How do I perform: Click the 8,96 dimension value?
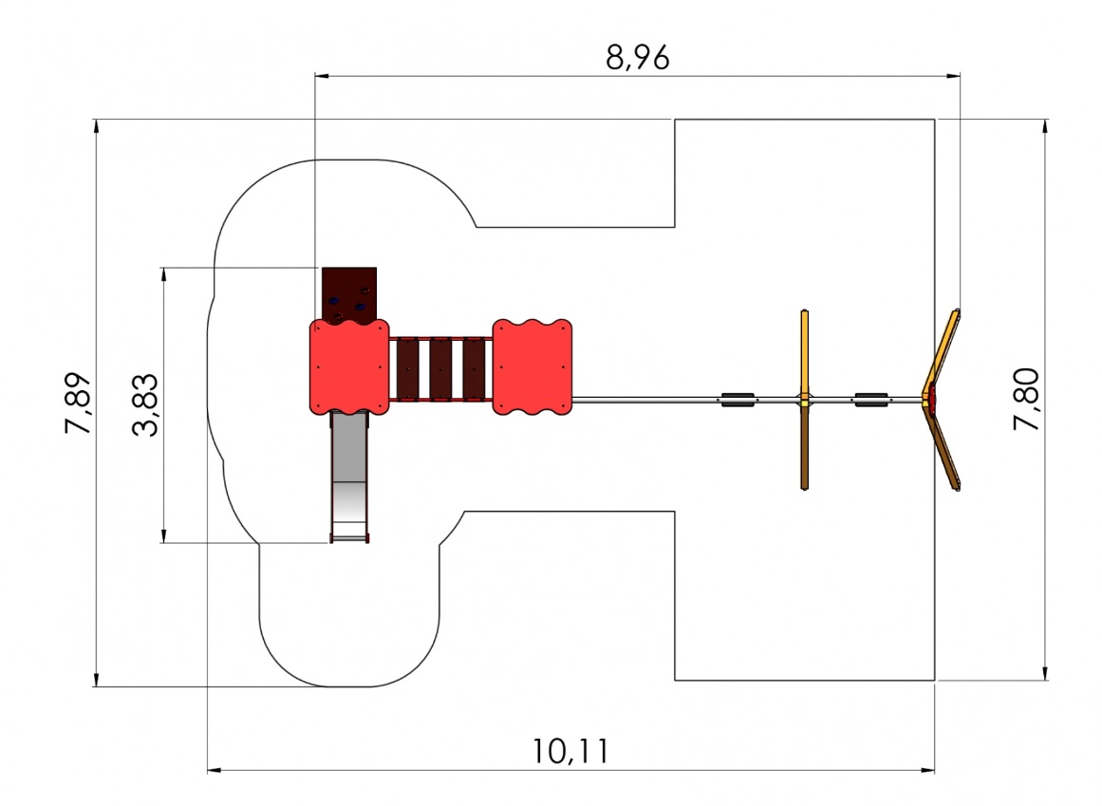pyautogui.click(x=638, y=58)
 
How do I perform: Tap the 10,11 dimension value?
pyautogui.click(x=570, y=751)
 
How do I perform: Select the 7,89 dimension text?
pyautogui.click(x=78, y=403)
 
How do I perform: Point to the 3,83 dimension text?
pyautogui.click(x=145, y=405)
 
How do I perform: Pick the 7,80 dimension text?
pyautogui.click(x=1026, y=399)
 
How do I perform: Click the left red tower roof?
pyautogui.click(x=349, y=366)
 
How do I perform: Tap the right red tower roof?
pyautogui.click(x=532, y=366)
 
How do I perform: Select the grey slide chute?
pyautogui.click(x=349, y=478)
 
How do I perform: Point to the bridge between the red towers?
pyautogui.click(x=440, y=369)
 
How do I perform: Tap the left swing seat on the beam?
pyautogui.click(x=738, y=400)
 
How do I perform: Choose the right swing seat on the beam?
pyautogui.click(x=870, y=400)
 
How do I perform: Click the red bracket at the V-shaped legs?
pyautogui.click(x=931, y=400)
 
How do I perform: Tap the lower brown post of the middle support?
pyautogui.click(x=805, y=448)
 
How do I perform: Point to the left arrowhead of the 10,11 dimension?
pyautogui.click(x=214, y=770)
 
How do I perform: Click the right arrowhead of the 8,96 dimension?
pyautogui.click(x=954, y=75)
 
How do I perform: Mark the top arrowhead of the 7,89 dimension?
pyautogui.click(x=96, y=125)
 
